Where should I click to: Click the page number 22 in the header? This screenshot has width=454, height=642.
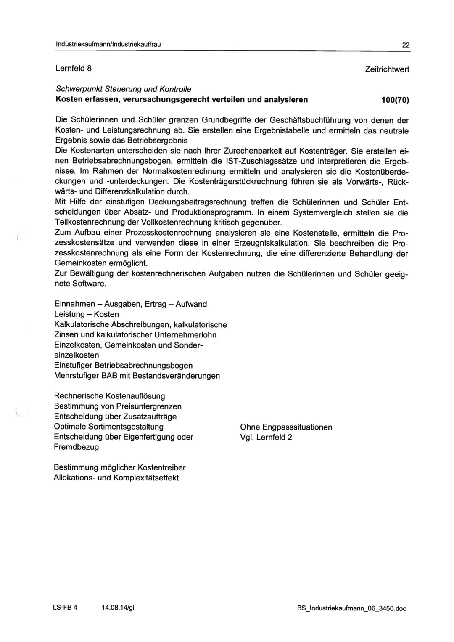pyautogui.click(x=406, y=45)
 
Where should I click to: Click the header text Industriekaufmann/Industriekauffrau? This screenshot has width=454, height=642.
pyautogui.click(x=108, y=44)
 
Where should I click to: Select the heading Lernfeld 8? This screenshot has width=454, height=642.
pyautogui.click(x=74, y=68)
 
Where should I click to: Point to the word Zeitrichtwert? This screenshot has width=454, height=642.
pyautogui.click(x=387, y=69)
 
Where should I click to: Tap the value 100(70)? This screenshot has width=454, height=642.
pyautogui.click(x=395, y=100)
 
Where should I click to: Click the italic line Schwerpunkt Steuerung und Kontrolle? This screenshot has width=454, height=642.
pyautogui.click(x=123, y=89)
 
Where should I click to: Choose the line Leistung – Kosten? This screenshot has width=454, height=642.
pyautogui.click(x=87, y=314)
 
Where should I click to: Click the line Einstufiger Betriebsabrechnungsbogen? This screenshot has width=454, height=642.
pyautogui.click(x=123, y=366)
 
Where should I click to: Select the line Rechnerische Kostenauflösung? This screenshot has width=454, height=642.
pyautogui.click(x=109, y=396)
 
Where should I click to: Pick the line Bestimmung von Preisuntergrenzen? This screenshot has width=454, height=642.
pyautogui.click(x=118, y=406)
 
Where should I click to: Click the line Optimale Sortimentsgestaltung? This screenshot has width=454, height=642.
pyautogui.click(x=108, y=427)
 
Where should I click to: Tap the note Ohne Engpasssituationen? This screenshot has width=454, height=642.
pyautogui.click(x=286, y=427)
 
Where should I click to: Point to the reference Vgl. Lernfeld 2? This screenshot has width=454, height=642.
pyautogui.click(x=266, y=437)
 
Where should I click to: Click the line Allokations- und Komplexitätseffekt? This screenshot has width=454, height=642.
pyautogui.click(x=116, y=478)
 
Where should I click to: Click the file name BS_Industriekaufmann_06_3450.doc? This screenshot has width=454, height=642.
pyautogui.click(x=351, y=608)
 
